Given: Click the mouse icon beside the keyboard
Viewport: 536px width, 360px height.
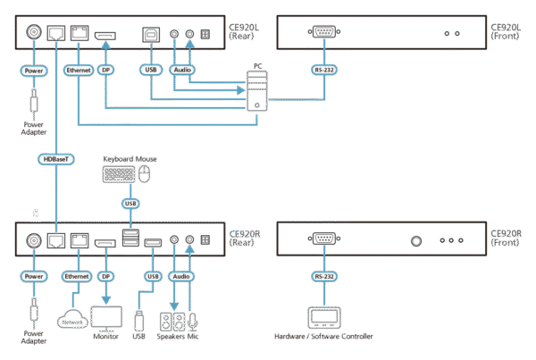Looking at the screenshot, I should [x=143, y=175].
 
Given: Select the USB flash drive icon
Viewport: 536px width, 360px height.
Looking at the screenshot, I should [x=138, y=319].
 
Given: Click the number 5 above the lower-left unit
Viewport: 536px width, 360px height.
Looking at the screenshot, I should [x=36, y=214].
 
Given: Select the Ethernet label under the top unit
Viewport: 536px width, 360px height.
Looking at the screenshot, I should [x=78, y=68].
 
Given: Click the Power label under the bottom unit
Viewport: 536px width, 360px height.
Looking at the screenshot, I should [x=34, y=277].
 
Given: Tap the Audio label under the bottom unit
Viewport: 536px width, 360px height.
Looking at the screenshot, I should [x=178, y=277].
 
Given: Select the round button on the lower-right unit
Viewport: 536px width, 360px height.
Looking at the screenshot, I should [x=415, y=241].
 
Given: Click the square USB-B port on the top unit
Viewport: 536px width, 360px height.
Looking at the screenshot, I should [x=148, y=35].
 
